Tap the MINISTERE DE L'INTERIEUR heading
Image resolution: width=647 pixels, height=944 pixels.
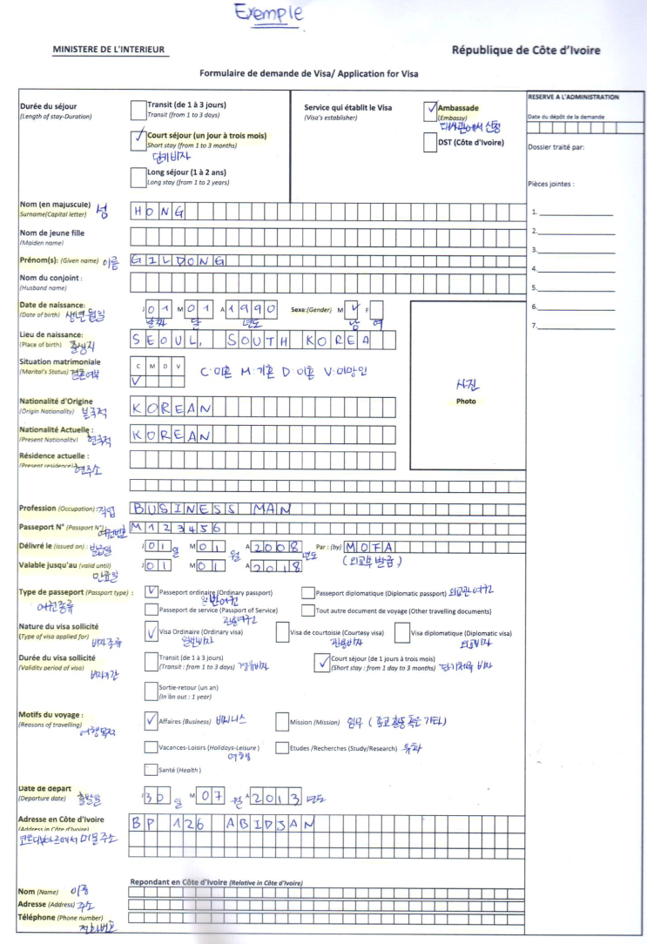pos(110,50)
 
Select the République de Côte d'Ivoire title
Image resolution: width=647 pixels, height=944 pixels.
pos(525,51)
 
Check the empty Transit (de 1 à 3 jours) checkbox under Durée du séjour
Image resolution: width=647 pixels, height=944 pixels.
pos(138,109)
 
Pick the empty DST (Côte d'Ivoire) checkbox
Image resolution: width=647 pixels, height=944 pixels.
pos(430,144)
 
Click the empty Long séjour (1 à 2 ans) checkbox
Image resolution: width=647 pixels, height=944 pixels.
pos(138,179)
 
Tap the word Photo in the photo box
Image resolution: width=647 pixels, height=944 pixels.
pos(466,401)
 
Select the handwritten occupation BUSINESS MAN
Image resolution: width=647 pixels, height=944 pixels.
pos(209,509)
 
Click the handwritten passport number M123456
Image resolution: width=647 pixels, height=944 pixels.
pos(179,528)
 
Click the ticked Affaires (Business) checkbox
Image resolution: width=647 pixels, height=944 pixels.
pos(152,720)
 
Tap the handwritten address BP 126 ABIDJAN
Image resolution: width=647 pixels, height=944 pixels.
pos(218,824)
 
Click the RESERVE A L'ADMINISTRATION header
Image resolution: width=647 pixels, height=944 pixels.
pos(573,97)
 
